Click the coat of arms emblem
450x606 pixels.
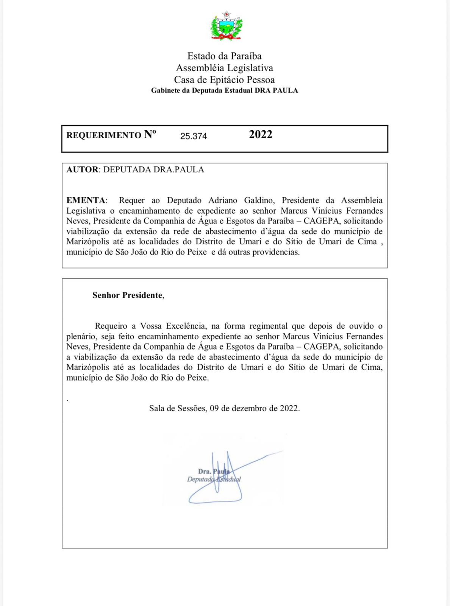(x=227, y=26)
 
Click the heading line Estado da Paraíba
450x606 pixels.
(x=224, y=56)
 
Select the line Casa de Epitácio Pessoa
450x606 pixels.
(x=224, y=80)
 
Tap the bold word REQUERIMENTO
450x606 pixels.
(x=103, y=136)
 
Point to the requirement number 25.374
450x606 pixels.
(x=194, y=136)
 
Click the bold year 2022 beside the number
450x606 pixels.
(x=261, y=134)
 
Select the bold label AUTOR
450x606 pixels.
(x=82, y=170)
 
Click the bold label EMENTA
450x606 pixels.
(x=86, y=200)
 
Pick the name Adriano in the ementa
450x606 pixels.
(x=223, y=200)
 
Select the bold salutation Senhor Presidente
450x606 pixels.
(x=128, y=295)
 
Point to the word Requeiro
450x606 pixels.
(x=111, y=326)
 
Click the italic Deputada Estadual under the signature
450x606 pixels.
(x=214, y=479)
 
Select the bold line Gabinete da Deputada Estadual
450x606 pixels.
(x=224, y=91)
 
